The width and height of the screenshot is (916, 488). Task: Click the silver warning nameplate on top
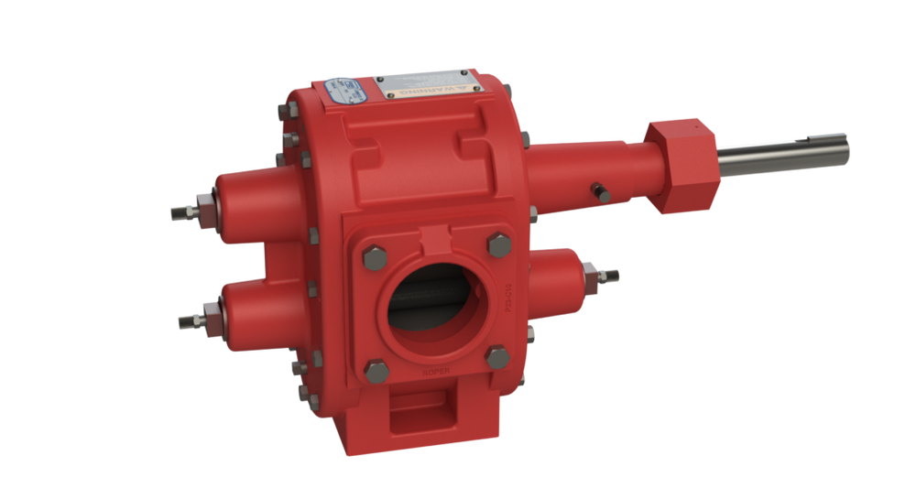427,88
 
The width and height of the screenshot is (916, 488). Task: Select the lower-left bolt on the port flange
376,369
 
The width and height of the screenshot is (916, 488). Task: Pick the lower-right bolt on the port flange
496,355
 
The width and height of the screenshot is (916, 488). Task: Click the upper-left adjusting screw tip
178,212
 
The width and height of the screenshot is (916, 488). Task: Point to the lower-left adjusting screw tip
182,320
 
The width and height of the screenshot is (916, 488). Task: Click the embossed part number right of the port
507,299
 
